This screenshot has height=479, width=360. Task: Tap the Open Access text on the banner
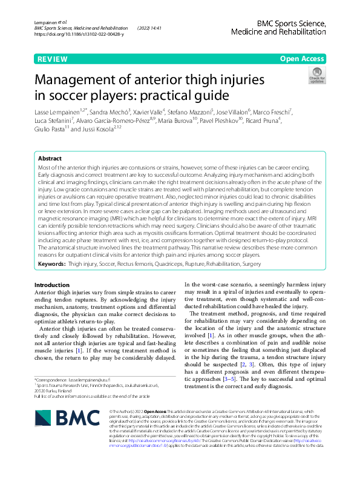[x=302, y=59]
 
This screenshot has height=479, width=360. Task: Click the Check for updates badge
[x=316, y=76]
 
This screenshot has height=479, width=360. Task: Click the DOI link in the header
[x=79, y=35]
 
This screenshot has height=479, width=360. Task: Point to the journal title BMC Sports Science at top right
[x=291, y=23]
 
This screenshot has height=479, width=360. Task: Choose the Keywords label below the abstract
[x=52, y=264]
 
